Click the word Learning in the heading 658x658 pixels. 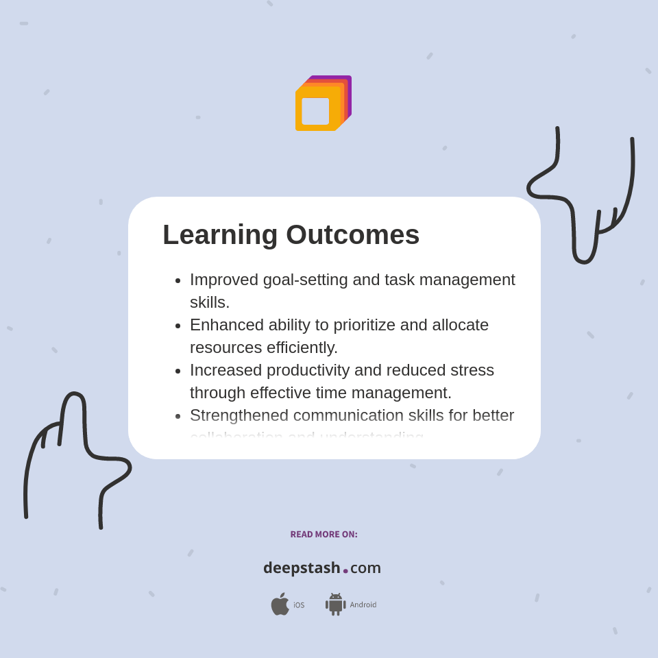(x=220, y=235)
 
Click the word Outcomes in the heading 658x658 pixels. (x=352, y=235)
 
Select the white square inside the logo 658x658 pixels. (x=315, y=111)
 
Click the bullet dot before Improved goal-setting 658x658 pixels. (x=178, y=280)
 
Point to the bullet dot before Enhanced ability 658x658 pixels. (x=178, y=326)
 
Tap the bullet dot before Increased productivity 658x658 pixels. (x=178, y=371)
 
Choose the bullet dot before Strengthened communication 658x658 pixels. (x=178, y=416)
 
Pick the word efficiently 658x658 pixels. (x=302, y=348)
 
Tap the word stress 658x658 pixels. (x=472, y=370)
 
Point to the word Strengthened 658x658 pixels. (x=239, y=415)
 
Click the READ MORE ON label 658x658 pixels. (x=324, y=535)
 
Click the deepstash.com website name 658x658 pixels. (x=322, y=568)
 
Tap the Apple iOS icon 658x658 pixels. (x=280, y=605)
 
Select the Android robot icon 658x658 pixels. (x=335, y=605)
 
